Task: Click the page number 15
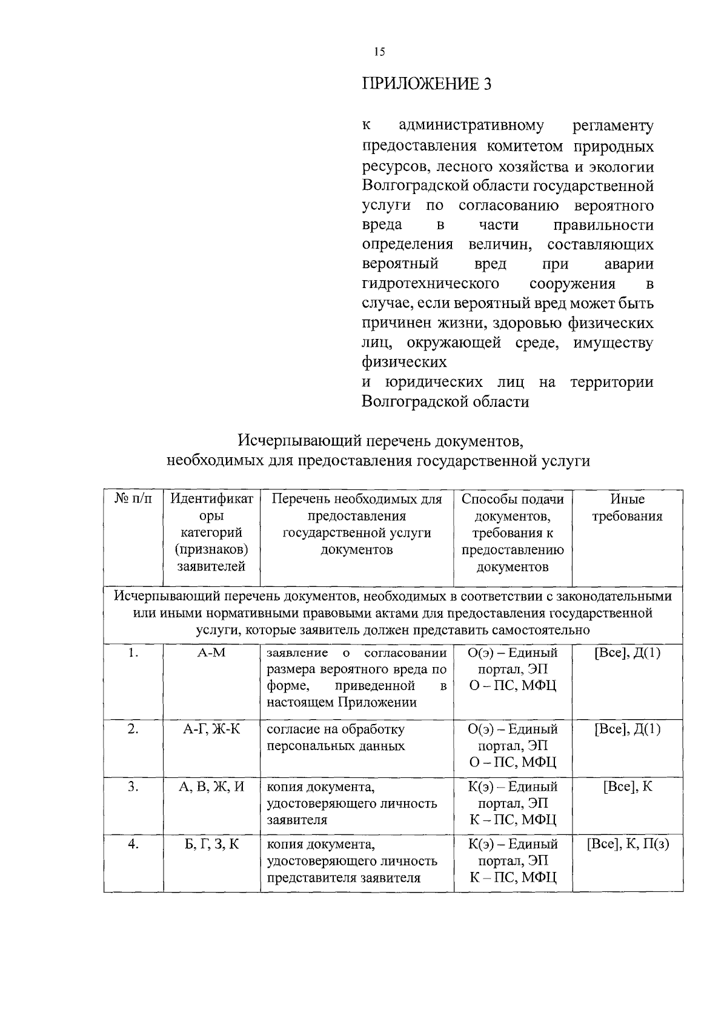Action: coord(379,52)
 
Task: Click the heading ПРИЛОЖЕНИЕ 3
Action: coord(427,84)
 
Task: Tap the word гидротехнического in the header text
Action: coord(430,284)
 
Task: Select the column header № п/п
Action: coord(133,499)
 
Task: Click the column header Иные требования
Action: coord(627,508)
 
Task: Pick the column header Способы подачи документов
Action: coord(513,508)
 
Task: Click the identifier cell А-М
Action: coord(211,653)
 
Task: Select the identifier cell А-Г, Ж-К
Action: coord(211,729)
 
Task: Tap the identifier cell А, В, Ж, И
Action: coord(211,787)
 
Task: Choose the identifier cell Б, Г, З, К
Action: coord(211,845)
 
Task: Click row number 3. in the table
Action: coord(133,787)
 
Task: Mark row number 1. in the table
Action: coord(133,653)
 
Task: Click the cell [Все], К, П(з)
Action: coord(627,845)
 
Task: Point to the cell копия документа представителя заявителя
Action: coord(351,861)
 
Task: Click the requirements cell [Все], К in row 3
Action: coord(627,787)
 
